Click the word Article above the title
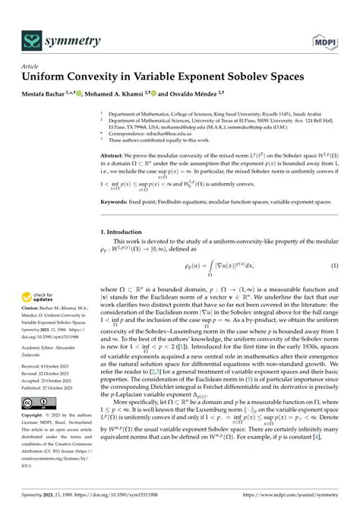(30, 66)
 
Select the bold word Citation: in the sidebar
(33, 324)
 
